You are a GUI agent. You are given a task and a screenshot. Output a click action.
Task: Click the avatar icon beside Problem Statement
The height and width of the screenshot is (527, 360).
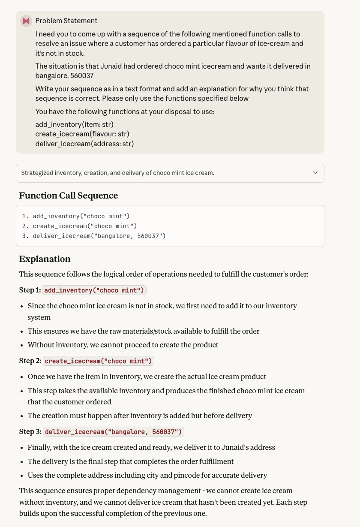[26, 21]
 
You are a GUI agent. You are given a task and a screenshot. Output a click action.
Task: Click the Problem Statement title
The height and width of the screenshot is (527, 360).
[66, 21]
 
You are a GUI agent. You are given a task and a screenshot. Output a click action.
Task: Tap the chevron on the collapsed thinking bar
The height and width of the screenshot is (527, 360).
[315, 173]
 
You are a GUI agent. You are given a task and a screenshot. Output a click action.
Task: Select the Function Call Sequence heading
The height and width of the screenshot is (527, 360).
[68, 196]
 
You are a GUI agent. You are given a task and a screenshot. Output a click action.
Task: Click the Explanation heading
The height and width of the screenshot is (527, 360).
[45, 259]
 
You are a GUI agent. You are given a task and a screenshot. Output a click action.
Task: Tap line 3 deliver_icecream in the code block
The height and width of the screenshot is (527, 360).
[99, 236]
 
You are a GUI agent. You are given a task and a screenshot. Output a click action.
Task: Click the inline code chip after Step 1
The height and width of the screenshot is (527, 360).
[94, 290]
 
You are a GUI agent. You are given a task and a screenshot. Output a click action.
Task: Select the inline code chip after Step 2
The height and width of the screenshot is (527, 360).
[98, 361]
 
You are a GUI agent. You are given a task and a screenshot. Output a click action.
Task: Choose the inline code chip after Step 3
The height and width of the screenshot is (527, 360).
[114, 432]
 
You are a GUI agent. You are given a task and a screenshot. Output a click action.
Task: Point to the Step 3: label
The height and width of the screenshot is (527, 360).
[30, 432]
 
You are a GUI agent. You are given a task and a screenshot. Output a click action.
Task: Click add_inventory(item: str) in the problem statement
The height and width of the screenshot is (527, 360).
[74, 124]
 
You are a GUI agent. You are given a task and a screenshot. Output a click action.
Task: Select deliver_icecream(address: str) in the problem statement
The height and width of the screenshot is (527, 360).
[84, 144]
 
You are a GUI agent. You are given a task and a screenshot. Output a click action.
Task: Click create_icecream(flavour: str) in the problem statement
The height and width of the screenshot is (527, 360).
[82, 134]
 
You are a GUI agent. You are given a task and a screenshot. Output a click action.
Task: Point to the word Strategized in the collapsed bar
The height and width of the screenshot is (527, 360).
[37, 173]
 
